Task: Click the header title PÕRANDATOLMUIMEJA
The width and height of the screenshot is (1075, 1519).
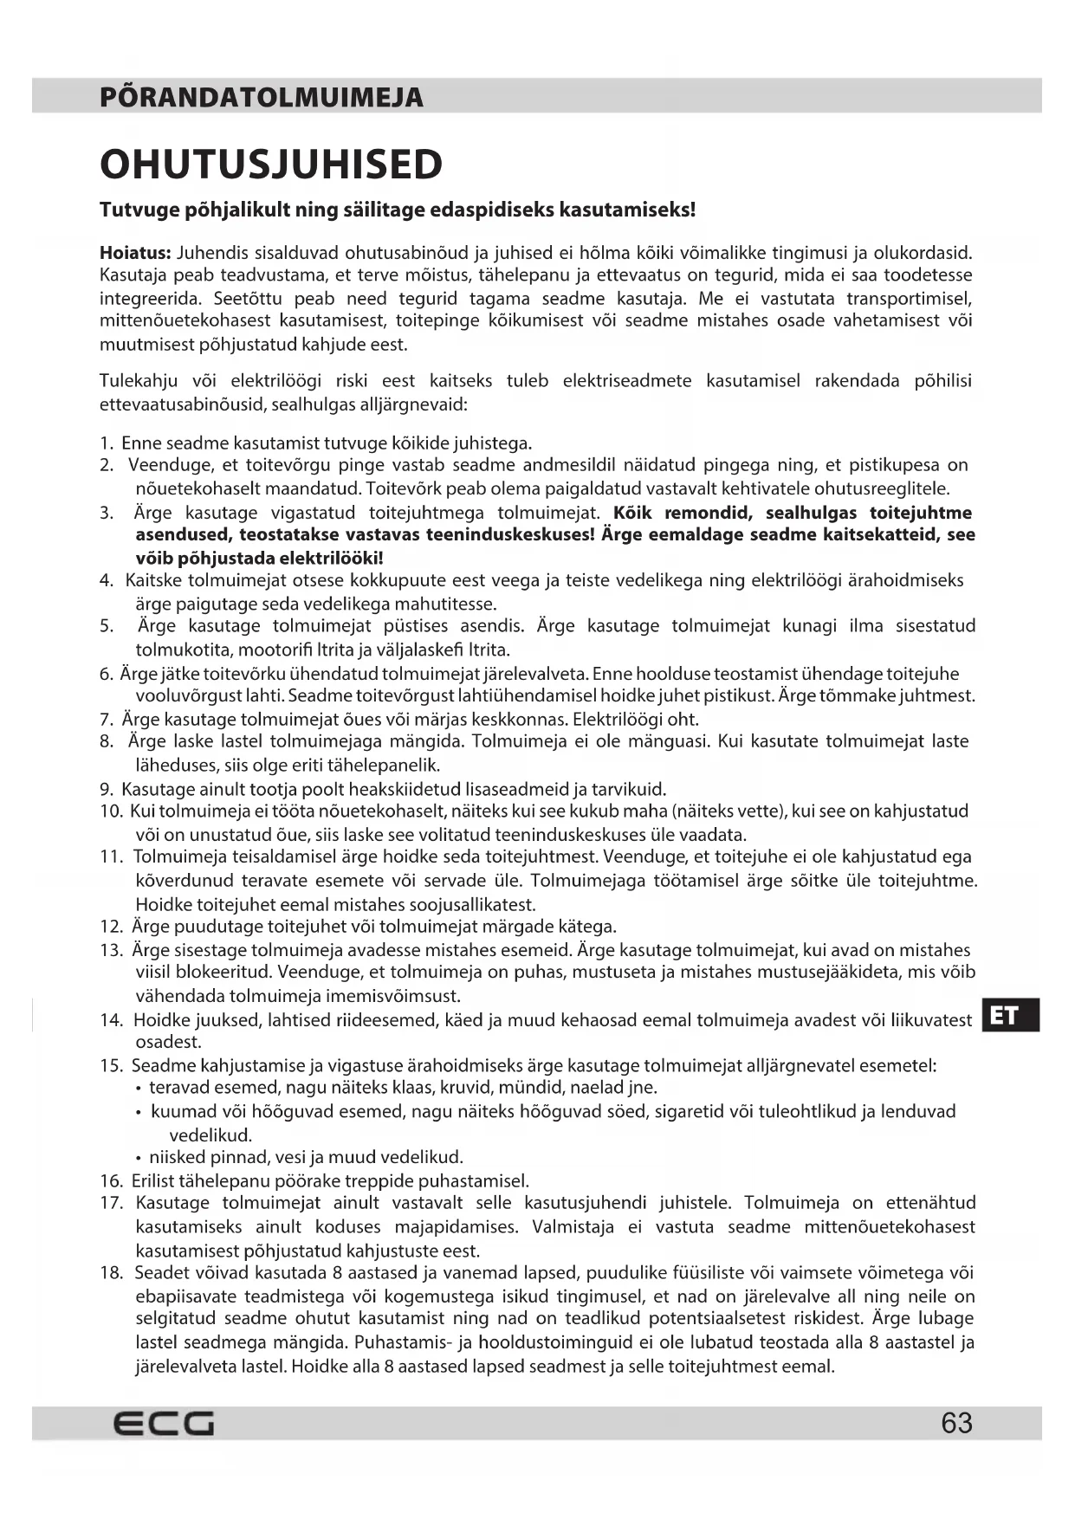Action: pyautogui.click(x=262, y=96)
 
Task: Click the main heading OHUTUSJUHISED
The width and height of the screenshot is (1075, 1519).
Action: pyautogui.click(x=271, y=165)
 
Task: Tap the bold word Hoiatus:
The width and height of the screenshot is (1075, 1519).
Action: pyautogui.click(x=135, y=253)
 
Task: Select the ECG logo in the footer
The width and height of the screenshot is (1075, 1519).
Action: pyautogui.click(x=164, y=1423)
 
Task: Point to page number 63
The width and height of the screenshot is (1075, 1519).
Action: pyautogui.click(x=956, y=1423)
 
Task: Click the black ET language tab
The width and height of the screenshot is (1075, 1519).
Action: pyautogui.click(x=1011, y=1015)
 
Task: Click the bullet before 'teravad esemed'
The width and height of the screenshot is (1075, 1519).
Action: pyautogui.click(x=139, y=1088)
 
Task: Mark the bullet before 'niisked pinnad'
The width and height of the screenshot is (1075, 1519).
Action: pyautogui.click(x=139, y=1158)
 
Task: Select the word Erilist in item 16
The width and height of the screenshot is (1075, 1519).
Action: pyautogui.click(x=152, y=1180)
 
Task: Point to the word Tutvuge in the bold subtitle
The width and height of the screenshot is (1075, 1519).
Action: pyautogui.click(x=136, y=210)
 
